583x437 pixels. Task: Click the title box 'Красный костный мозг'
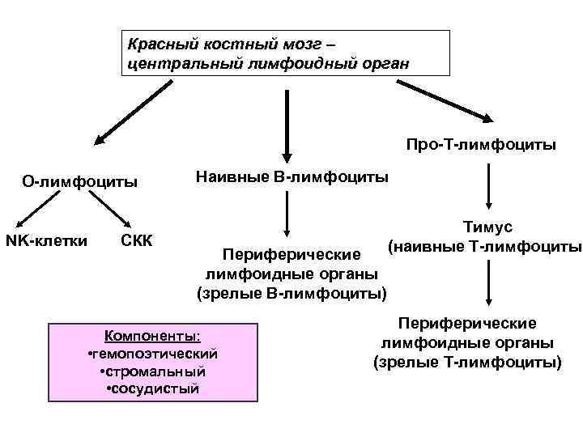point(285,53)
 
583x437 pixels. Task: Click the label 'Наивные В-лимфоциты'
point(292,176)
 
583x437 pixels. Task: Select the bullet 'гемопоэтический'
point(152,354)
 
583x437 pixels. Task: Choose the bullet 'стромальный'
point(152,371)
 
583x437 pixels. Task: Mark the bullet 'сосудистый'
point(152,388)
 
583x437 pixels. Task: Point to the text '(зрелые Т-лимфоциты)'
point(466,361)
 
